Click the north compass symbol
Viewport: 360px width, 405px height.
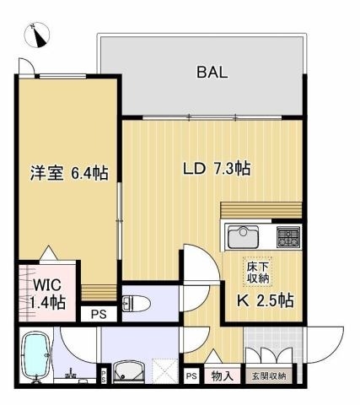(x=37, y=35)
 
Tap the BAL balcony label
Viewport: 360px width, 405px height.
(x=212, y=73)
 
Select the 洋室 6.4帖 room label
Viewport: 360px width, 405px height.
(x=69, y=173)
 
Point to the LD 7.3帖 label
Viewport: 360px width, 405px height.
(x=217, y=169)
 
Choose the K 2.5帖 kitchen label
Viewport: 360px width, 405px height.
(x=266, y=300)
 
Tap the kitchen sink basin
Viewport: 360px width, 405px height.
(x=243, y=237)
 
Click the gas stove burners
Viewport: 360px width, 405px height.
(x=288, y=237)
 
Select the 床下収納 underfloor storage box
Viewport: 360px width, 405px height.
(x=258, y=272)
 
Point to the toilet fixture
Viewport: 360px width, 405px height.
(x=136, y=304)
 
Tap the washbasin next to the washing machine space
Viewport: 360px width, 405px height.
(x=129, y=372)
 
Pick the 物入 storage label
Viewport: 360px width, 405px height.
(x=223, y=375)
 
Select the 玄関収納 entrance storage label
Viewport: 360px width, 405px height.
(x=269, y=375)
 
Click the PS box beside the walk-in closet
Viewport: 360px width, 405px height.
(x=99, y=314)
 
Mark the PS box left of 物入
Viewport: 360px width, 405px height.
(x=192, y=376)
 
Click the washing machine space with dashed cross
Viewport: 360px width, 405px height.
(x=165, y=371)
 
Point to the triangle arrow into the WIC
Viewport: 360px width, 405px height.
(x=49, y=252)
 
